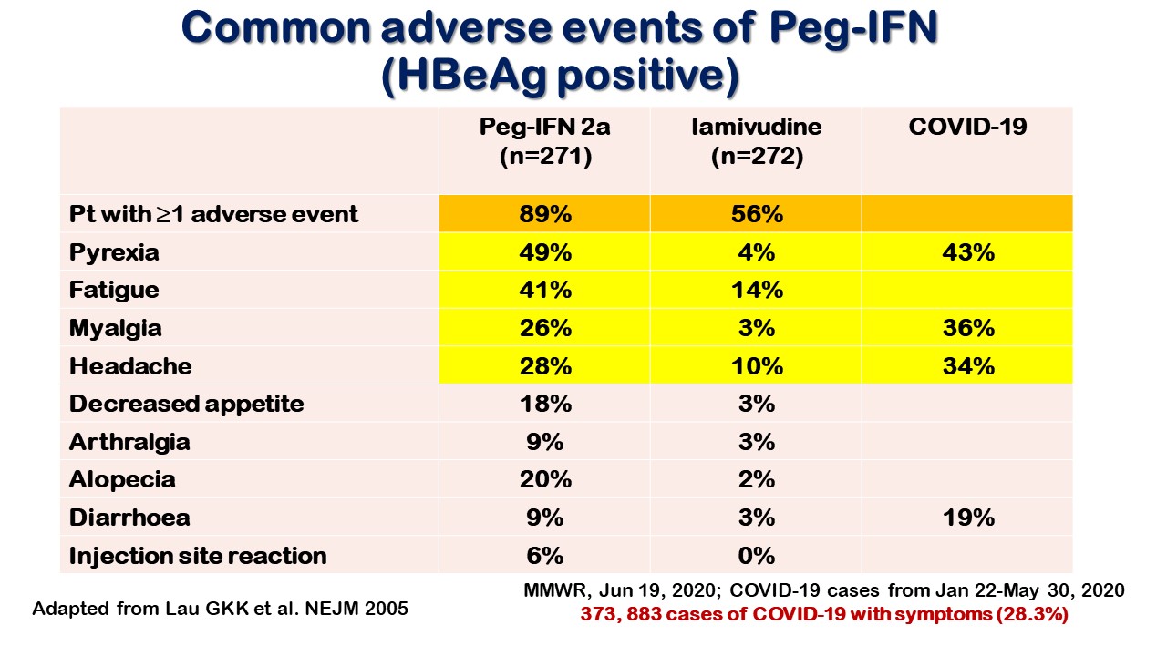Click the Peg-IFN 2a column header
pyautogui.click(x=545, y=141)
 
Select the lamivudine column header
pyautogui.click(x=757, y=141)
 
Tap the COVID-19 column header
pyautogui.click(x=967, y=127)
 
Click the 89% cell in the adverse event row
pyautogui.click(x=545, y=214)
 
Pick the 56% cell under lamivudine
pyautogui.click(x=757, y=214)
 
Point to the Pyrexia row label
pyautogui.click(x=114, y=253)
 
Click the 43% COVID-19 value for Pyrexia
pyautogui.click(x=968, y=252)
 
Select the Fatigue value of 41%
pyautogui.click(x=545, y=290)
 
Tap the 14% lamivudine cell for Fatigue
pyautogui.click(x=757, y=290)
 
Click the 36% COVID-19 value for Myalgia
pyautogui.click(x=968, y=328)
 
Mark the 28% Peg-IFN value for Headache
pyautogui.click(x=545, y=366)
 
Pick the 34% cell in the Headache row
pyautogui.click(x=968, y=366)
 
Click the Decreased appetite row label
pyautogui.click(x=187, y=405)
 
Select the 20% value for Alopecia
pyautogui.click(x=545, y=479)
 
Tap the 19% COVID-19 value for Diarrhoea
pyautogui.click(x=968, y=518)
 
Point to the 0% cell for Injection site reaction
pyautogui.click(x=757, y=556)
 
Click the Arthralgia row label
pyautogui.click(x=129, y=443)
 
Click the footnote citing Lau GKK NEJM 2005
pyautogui.click(x=220, y=608)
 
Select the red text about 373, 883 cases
pyautogui.click(x=824, y=614)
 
